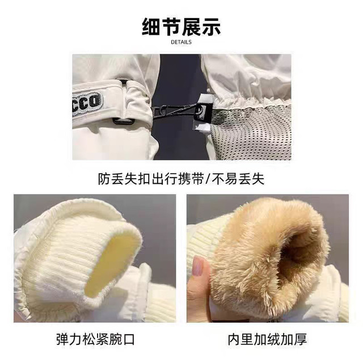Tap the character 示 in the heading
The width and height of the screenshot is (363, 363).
click(x=212, y=27)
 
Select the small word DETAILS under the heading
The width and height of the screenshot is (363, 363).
click(x=181, y=42)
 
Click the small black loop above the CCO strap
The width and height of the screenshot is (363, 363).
click(x=124, y=82)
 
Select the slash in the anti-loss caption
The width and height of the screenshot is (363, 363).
click(x=208, y=179)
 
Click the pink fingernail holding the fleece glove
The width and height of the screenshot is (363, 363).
click(x=198, y=266)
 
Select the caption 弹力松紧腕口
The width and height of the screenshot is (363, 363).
click(x=95, y=340)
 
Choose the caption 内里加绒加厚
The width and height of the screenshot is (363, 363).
click(x=267, y=340)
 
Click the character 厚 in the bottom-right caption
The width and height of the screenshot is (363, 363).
click(x=301, y=340)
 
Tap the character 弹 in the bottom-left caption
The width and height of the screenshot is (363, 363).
click(x=62, y=340)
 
